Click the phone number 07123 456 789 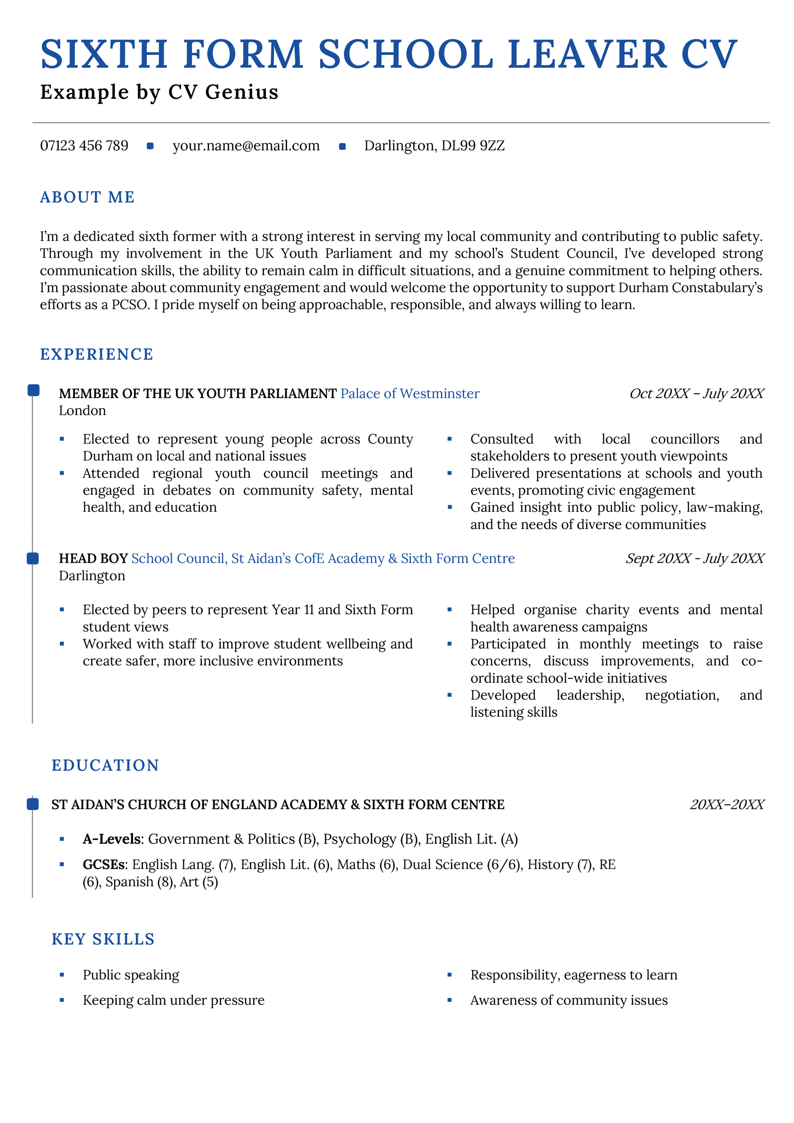point(84,146)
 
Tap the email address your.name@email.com point(246,146)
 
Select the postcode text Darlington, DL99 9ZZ point(434,146)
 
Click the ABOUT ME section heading point(87,198)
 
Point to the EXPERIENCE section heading point(97,354)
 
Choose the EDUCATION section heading point(105,765)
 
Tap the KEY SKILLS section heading point(103,939)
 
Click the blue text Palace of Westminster point(410,394)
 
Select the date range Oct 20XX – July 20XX point(696,394)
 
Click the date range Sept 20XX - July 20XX point(695,558)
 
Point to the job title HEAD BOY point(93,559)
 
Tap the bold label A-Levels point(112,839)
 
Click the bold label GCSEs point(104,864)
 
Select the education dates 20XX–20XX point(727,804)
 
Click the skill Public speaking point(131,975)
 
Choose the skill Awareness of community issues point(569,1000)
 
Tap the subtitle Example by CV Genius point(159,92)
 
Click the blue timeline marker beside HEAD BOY point(33,558)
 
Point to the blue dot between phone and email point(150,146)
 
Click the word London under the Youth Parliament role point(82,411)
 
